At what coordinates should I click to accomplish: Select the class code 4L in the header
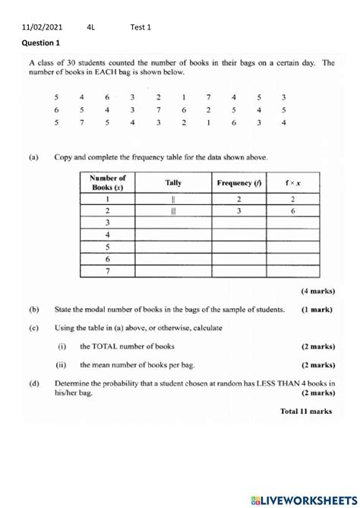point(91,27)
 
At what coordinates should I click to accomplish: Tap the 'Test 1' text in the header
point(141,27)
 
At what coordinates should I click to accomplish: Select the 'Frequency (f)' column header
point(239,183)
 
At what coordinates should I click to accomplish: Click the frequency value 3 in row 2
point(239,213)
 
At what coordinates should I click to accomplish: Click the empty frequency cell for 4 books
point(239,238)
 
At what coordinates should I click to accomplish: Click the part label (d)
point(34,383)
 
